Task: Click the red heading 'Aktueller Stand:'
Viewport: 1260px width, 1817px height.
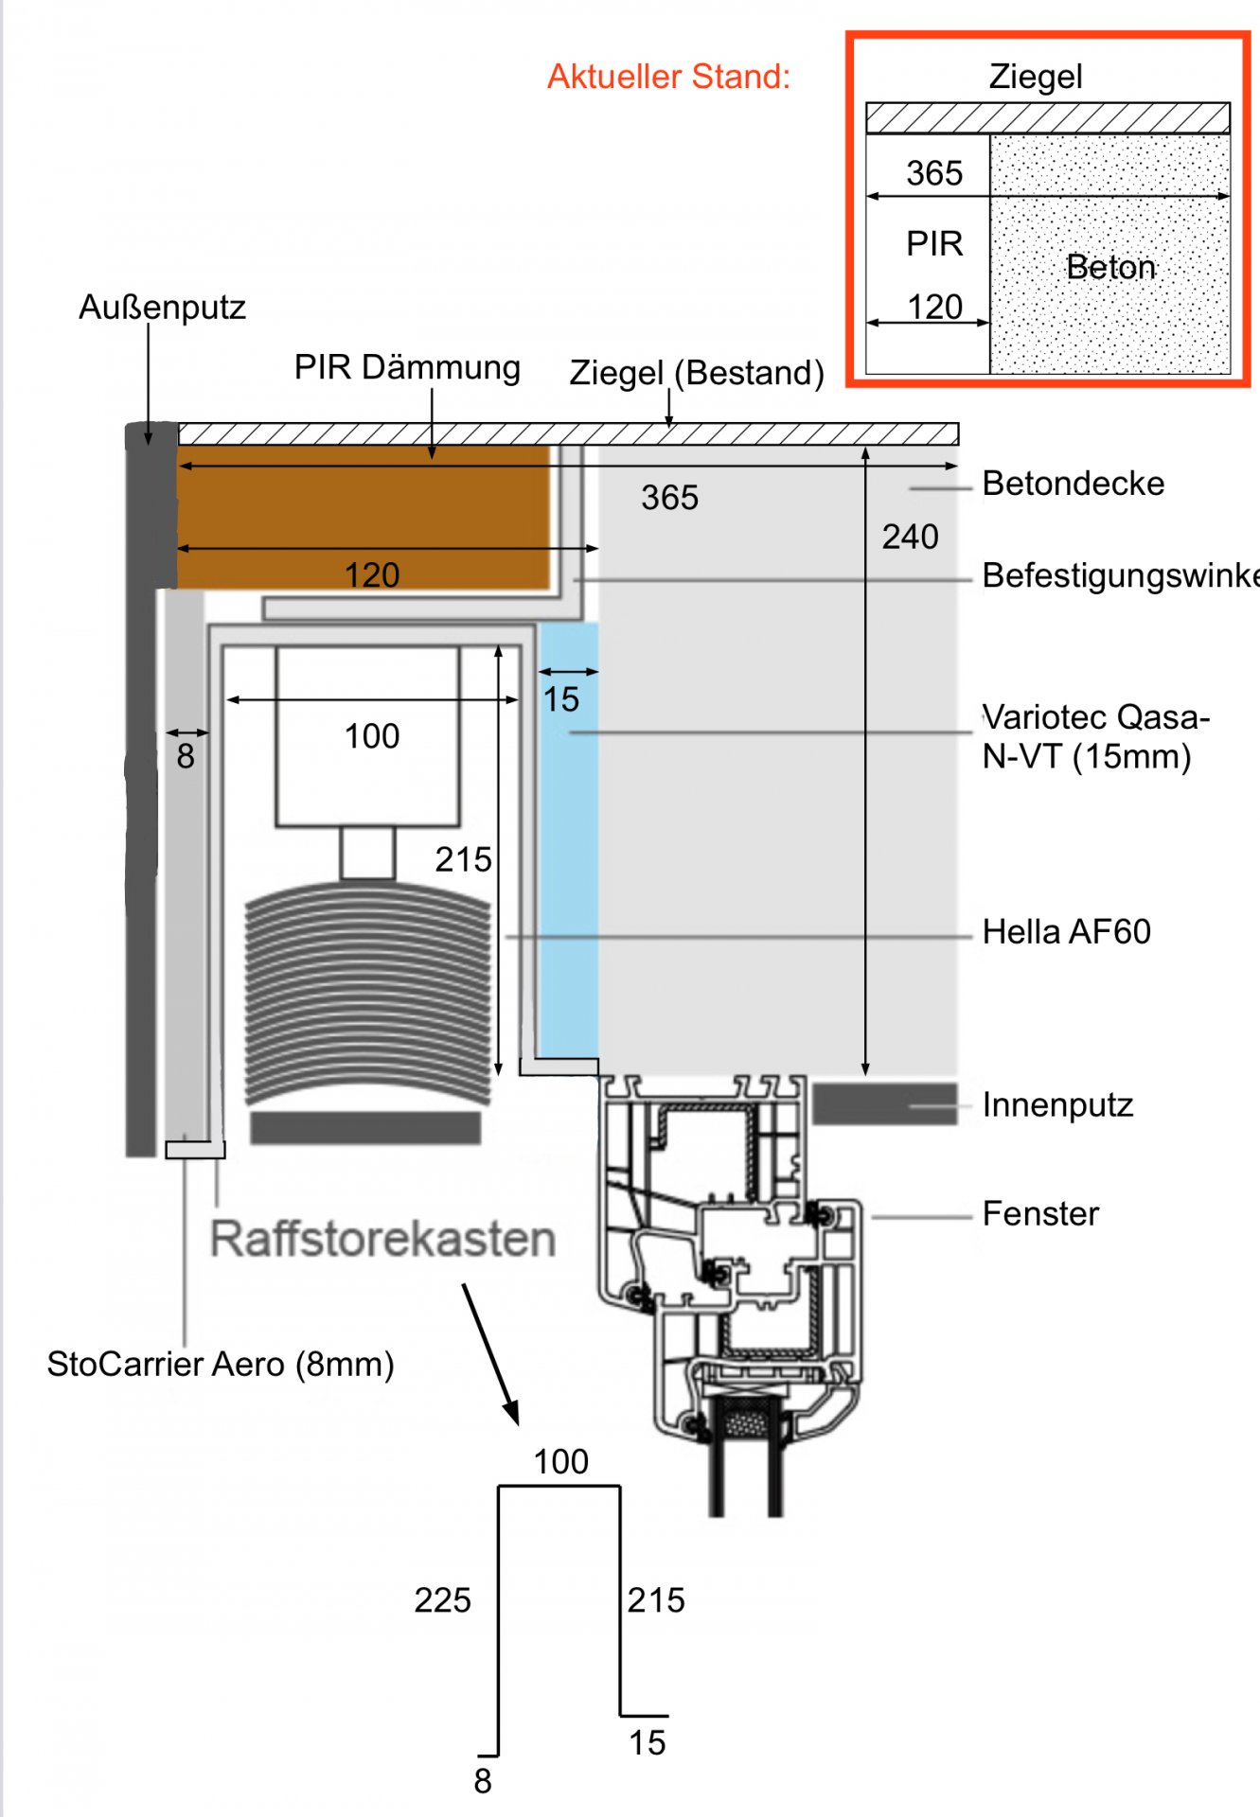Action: click(x=668, y=77)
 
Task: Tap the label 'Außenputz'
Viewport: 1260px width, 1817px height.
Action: click(x=162, y=308)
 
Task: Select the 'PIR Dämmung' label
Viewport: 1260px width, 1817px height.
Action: click(x=407, y=367)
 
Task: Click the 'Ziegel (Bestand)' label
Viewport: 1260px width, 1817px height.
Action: click(x=696, y=373)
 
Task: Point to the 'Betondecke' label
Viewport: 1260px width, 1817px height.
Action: click(x=1073, y=484)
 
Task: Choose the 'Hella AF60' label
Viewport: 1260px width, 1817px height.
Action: click(x=1066, y=932)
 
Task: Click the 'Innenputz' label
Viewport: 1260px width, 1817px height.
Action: click(x=1057, y=1104)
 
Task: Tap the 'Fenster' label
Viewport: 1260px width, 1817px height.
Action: click(x=1040, y=1214)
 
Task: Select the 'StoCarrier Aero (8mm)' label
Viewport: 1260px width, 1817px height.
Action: click(x=221, y=1364)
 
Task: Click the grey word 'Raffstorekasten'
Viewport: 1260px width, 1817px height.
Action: click(x=382, y=1239)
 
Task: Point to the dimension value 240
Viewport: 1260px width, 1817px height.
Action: click(x=910, y=538)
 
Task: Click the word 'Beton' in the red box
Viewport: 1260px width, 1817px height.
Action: click(x=1110, y=267)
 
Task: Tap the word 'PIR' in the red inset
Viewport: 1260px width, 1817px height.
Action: click(x=934, y=244)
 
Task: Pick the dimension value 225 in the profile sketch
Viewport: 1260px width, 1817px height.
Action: click(x=442, y=1600)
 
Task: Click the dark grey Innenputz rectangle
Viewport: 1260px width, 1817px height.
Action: click(x=884, y=1104)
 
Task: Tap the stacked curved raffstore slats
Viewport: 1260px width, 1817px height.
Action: click(x=367, y=994)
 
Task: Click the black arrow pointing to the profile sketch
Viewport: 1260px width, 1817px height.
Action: click(x=490, y=1353)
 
